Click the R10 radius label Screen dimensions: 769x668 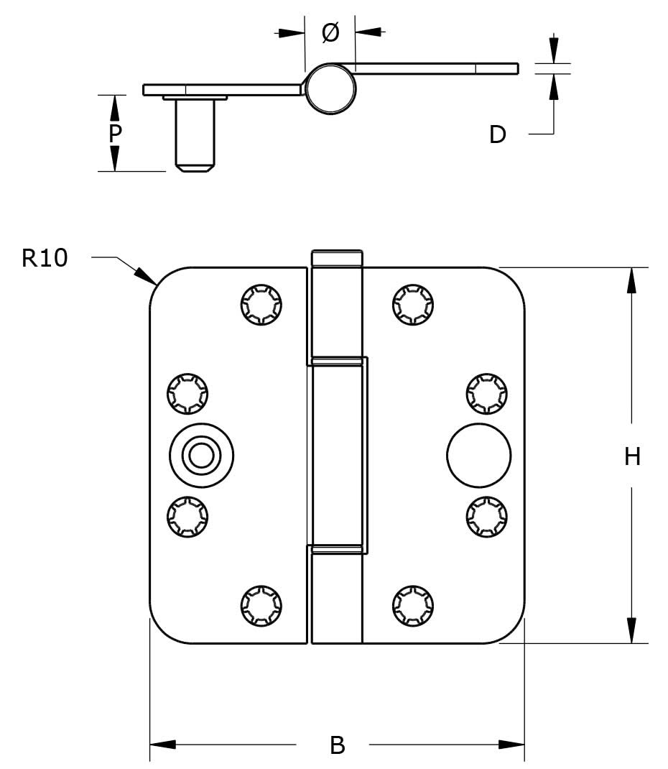tap(45, 257)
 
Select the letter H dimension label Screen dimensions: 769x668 tap(632, 456)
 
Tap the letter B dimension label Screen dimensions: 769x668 tap(337, 745)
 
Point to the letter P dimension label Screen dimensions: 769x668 tap(114, 134)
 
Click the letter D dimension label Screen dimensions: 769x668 tap(498, 134)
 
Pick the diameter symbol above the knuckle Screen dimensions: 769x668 tap(330, 32)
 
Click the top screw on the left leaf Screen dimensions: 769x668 tap(261, 305)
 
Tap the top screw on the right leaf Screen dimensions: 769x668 tap(413, 305)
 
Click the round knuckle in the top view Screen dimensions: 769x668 tap(330, 88)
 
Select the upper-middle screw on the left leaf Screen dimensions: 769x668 tap(187, 394)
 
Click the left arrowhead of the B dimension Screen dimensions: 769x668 tap(162, 745)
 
